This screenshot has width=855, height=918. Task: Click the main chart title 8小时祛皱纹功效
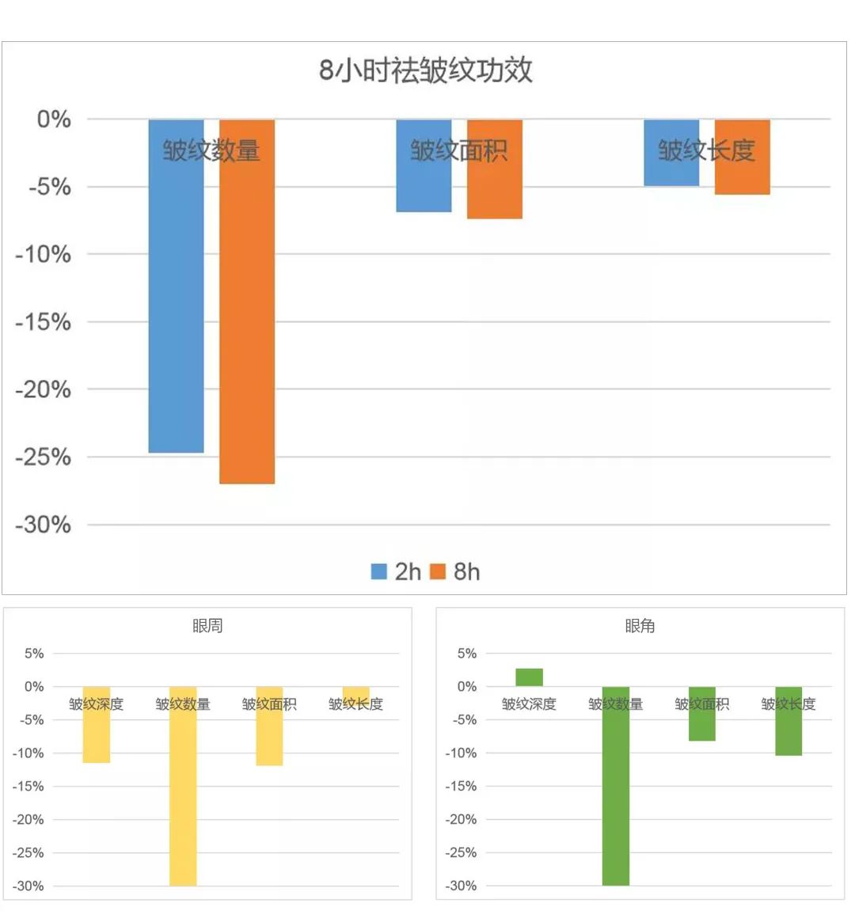tap(425, 70)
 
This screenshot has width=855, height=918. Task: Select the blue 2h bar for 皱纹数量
tap(176, 301)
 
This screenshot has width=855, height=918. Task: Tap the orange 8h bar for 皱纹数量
tap(247, 317)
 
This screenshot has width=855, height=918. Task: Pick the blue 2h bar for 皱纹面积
tap(424, 186)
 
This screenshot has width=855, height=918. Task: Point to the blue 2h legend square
tap(379, 571)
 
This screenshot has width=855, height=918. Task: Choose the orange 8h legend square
tap(438, 571)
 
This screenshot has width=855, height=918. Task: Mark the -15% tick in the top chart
tap(44, 322)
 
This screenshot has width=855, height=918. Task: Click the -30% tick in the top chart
tap(44, 525)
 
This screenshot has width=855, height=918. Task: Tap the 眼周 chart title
tap(207, 626)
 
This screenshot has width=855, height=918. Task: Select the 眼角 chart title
tap(640, 626)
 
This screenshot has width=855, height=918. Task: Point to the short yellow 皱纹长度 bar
tap(356, 692)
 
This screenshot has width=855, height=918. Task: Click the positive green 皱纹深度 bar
tap(529, 677)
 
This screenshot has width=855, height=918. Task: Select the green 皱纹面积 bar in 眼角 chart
tap(701, 724)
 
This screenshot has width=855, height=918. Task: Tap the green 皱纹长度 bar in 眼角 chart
tap(788, 732)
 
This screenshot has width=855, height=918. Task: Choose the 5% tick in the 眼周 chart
tap(34, 654)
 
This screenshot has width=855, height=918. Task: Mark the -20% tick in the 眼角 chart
tap(462, 820)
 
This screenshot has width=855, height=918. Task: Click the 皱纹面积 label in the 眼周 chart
tap(269, 704)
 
